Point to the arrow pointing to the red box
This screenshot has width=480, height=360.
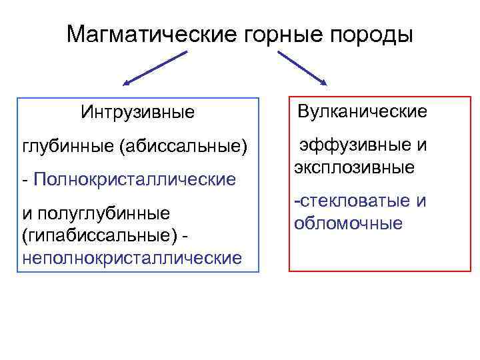(301, 68)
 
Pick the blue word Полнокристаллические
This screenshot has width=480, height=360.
(133, 179)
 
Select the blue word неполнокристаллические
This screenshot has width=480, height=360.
(132, 257)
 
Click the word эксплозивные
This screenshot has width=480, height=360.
(354, 167)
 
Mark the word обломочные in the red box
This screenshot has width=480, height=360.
(348, 223)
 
